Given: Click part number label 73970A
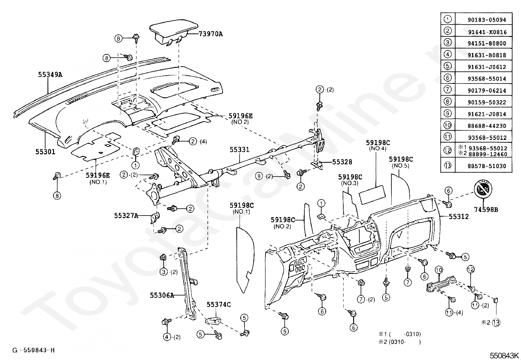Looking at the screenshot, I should [x=210, y=34].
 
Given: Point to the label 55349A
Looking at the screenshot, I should [x=50, y=75].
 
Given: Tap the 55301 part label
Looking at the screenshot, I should [x=45, y=152].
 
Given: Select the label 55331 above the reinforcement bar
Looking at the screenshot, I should [x=239, y=150].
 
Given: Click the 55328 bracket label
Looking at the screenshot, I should [x=342, y=162].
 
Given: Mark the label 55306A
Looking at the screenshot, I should [x=162, y=295].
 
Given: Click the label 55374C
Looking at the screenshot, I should [x=218, y=305].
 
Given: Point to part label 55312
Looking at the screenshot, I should [x=458, y=217].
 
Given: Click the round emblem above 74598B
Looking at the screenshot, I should [x=483, y=190].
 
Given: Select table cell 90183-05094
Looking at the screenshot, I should [x=487, y=20].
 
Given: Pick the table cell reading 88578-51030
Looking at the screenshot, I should [x=487, y=166].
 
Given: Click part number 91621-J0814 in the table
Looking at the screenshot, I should [x=487, y=114].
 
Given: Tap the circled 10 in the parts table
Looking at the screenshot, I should [x=447, y=125].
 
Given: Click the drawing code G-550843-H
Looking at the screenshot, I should [x=33, y=351].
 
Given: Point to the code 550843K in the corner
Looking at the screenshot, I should [x=504, y=355].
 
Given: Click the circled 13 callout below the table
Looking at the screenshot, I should [x=496, y=322].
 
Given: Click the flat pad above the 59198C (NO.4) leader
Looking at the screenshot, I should [x=373, y=194].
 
